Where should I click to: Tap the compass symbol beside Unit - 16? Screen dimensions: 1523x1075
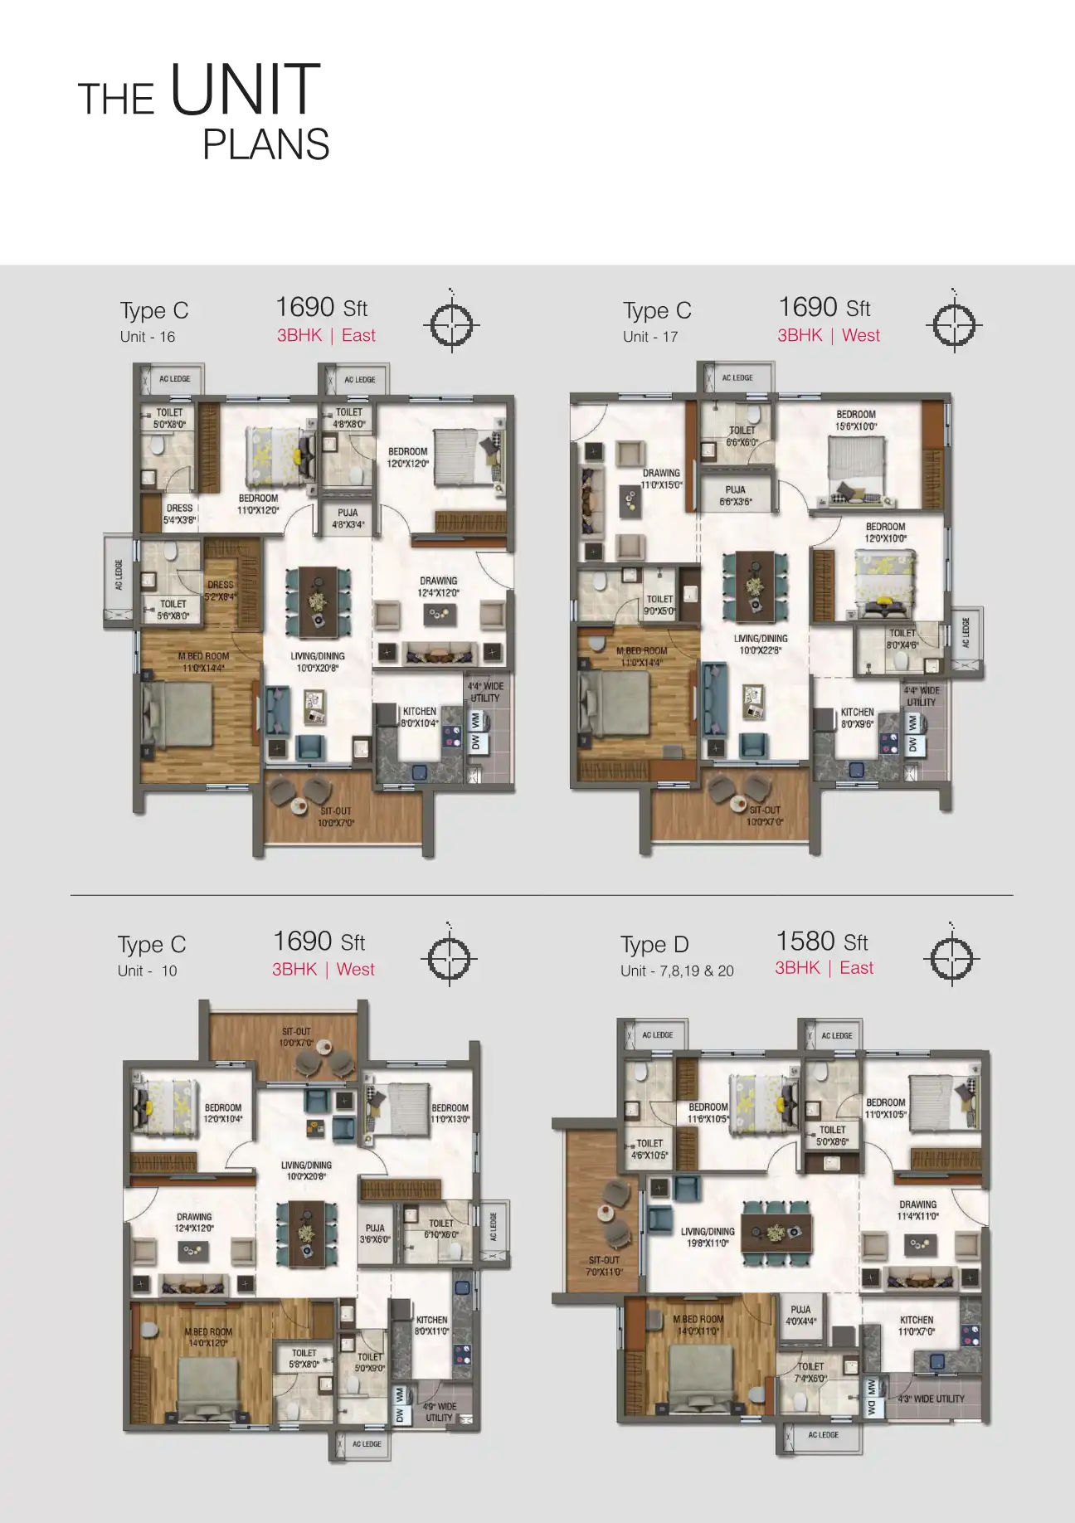click(450, 324)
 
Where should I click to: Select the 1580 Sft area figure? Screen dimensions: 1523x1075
click(821, 942)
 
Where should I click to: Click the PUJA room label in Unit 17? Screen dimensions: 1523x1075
click(736, 495)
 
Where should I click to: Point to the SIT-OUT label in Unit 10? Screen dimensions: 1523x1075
click(296, 1037)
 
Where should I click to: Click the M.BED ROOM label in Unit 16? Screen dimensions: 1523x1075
click(203, 661)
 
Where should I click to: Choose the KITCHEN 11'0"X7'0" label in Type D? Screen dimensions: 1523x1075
click(917, 1325)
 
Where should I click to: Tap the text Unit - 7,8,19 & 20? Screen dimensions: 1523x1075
click(677, 971)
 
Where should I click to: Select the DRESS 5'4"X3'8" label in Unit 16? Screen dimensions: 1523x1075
click(180, 513)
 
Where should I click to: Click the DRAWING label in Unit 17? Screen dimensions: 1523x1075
click(661, 479)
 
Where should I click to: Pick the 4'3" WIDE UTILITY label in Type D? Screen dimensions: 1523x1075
click(931, 1399)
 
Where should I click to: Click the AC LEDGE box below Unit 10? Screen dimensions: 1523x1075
click(362, 1444)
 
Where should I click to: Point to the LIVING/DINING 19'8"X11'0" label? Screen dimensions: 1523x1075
click(708, 1237)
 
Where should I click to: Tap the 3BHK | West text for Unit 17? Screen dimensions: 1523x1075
click(828, 335)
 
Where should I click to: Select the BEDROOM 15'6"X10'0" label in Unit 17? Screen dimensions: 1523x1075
click(856, 420)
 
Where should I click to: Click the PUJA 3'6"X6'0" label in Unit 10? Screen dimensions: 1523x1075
click(375, 1233)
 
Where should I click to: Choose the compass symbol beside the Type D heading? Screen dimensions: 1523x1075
click(951, 958)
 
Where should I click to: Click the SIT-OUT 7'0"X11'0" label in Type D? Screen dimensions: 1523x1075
click(604, 1265)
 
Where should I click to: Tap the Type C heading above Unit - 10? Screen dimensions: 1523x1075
click(152, 945)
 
